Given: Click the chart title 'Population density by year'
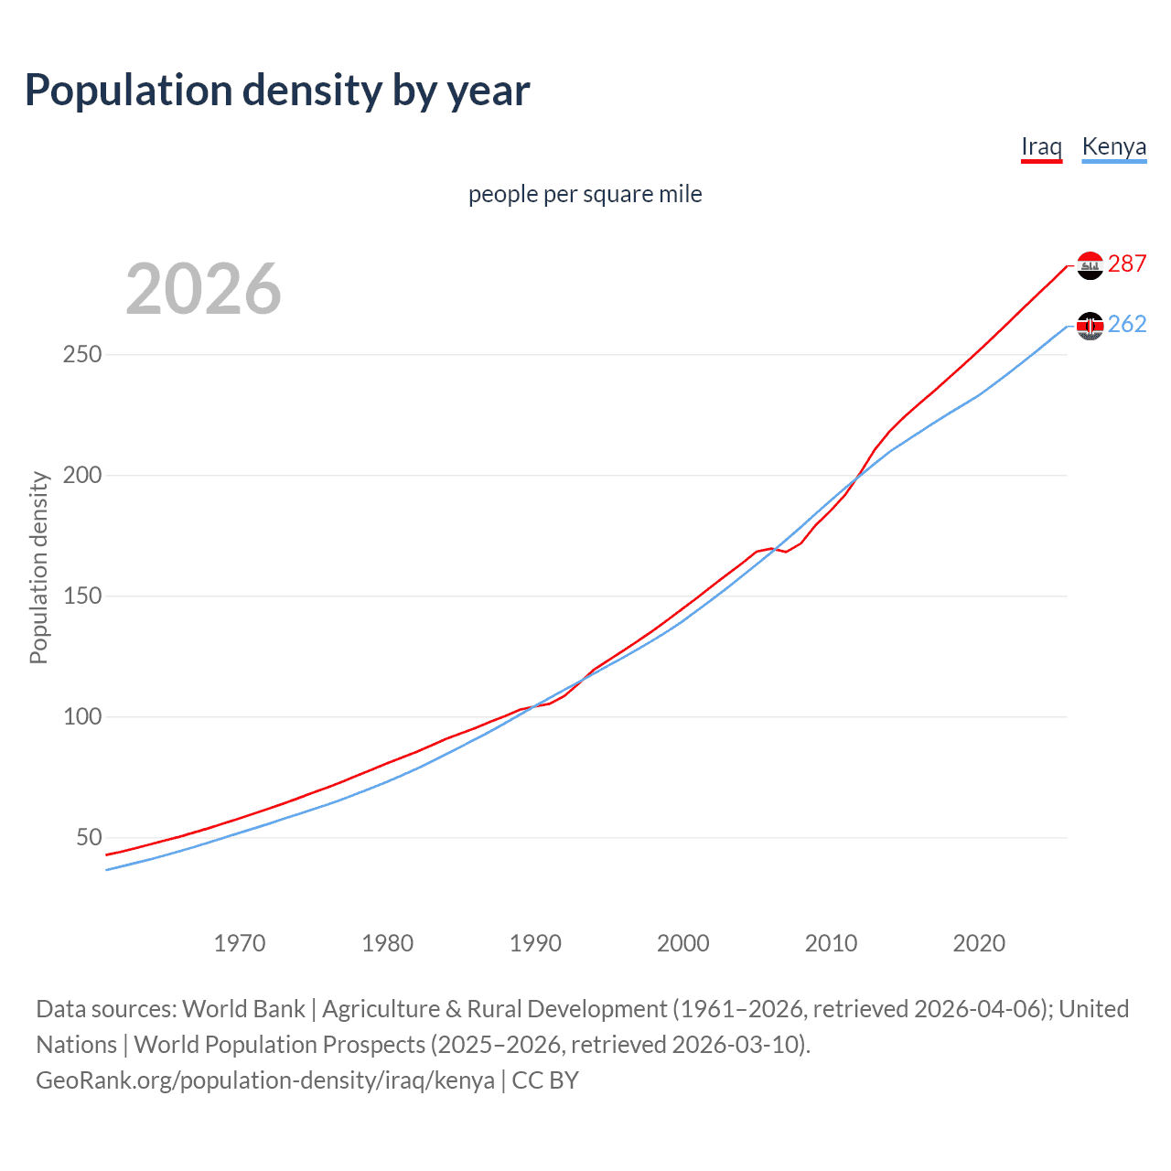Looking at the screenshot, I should (277, 91).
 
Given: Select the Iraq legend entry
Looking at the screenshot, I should (1041, 146).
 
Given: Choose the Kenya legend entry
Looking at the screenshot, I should (1113, 146).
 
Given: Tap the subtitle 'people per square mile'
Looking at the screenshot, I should (585, 194).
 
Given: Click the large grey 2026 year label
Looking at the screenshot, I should (203, 289).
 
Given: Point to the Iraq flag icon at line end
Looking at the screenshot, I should (1090, 265).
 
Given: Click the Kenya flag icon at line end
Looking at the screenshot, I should (1090, 326).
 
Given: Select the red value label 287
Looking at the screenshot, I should (1127, 263).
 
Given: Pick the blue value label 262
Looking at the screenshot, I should (1127, 324).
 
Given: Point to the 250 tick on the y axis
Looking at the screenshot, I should (81, 354).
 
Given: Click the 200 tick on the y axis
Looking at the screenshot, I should (81, 475).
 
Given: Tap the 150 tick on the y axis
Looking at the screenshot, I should (81, 596).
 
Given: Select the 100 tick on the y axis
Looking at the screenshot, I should (81, 716).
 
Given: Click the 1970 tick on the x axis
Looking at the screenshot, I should (240, 943).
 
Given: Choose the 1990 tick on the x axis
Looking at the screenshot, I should (535, 943).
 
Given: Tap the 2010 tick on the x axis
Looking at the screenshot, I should (831, 943).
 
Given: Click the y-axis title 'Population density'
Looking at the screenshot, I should (38, 567).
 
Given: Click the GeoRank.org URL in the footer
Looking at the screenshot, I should (265, 1080).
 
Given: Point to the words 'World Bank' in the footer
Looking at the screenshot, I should (243, 1009).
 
